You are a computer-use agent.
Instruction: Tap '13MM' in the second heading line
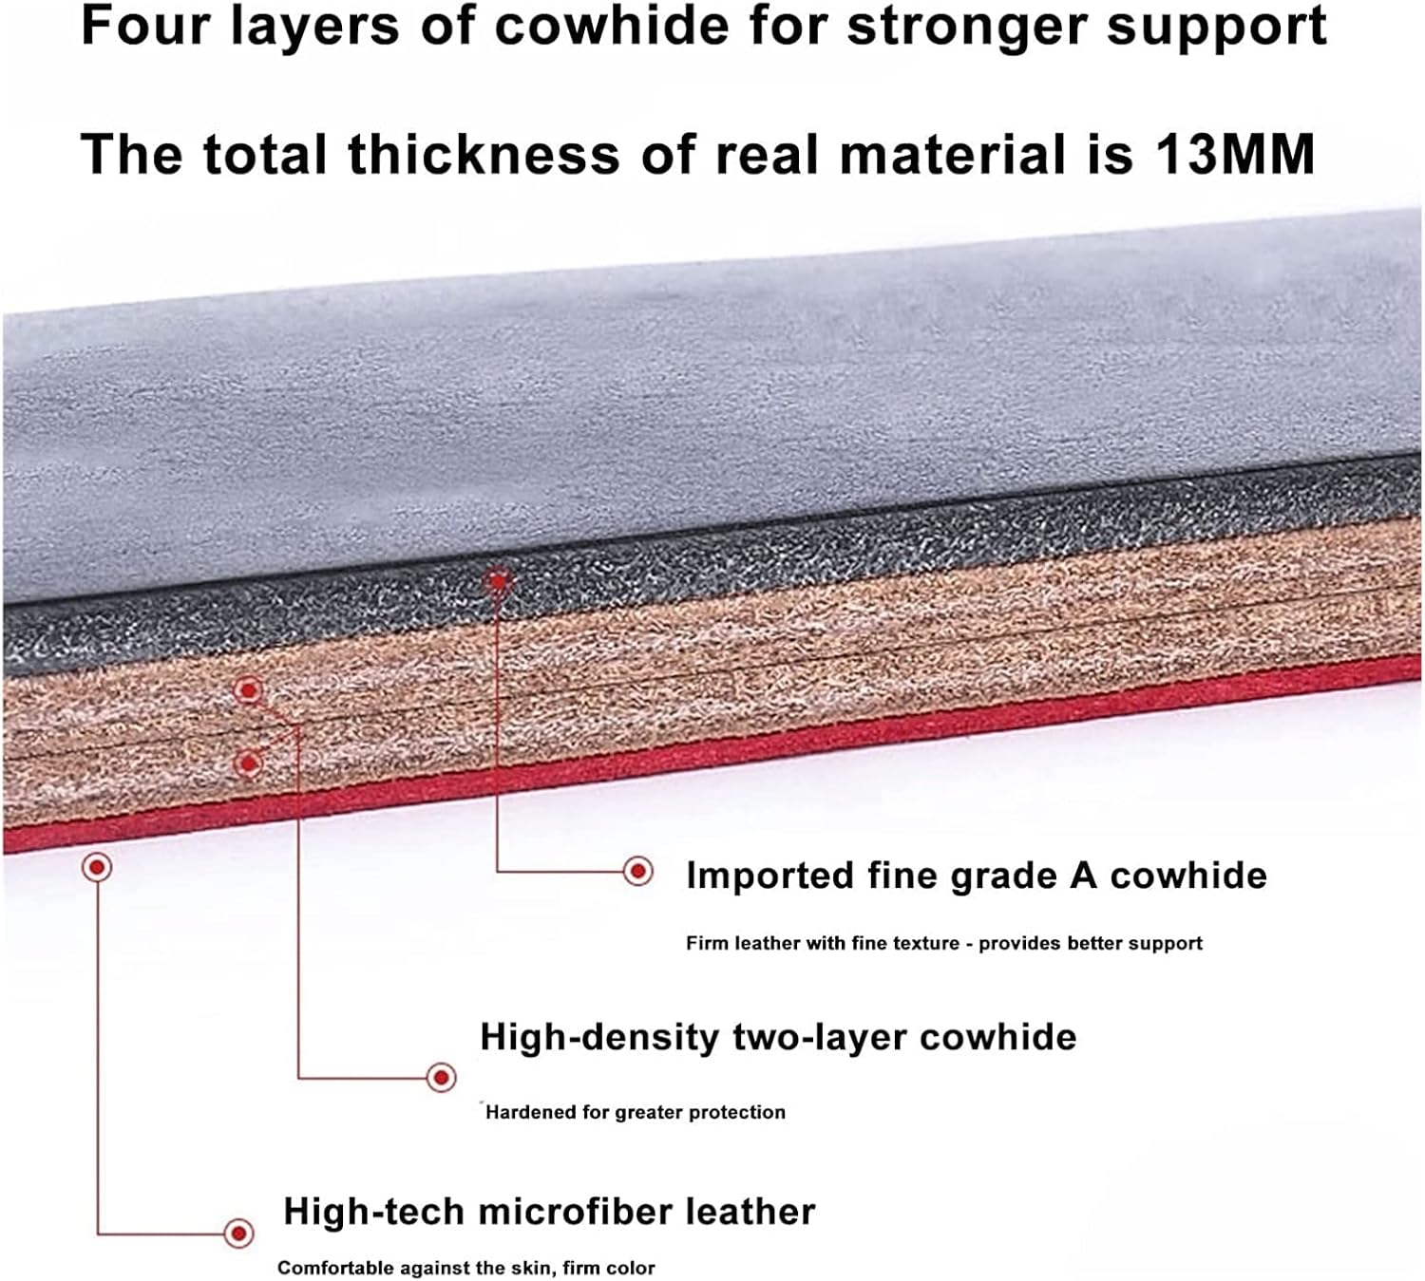click(x=1234, y=154)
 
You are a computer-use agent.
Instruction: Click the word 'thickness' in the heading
click(x=483, y=154)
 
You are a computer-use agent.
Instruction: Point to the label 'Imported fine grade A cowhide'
click(x=976, y=876)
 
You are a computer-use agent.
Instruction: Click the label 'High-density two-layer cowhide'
click(x=778, y=1037)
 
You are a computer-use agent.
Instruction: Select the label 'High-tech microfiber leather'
click(x=549, y=1213)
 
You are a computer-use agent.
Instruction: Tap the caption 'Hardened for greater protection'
click(x=636, y=1112)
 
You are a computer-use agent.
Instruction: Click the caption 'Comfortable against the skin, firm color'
click(x=465, y=1268)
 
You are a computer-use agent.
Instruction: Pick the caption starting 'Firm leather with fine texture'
click(x=943, y=943)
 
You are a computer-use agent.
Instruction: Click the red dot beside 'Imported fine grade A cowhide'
click(x=638, y=870)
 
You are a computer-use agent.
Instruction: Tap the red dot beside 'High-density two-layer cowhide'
click(x=441, y=1077)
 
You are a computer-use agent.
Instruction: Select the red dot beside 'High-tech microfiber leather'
click(x=239, y=1234)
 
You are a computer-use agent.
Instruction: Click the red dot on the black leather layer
click(x=498, y=580)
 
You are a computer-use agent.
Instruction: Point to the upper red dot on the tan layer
click(x=248, y=690)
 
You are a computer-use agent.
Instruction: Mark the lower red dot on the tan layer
click(x=248, y=763)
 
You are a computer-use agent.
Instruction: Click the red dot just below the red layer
click(x=97, y=866)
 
